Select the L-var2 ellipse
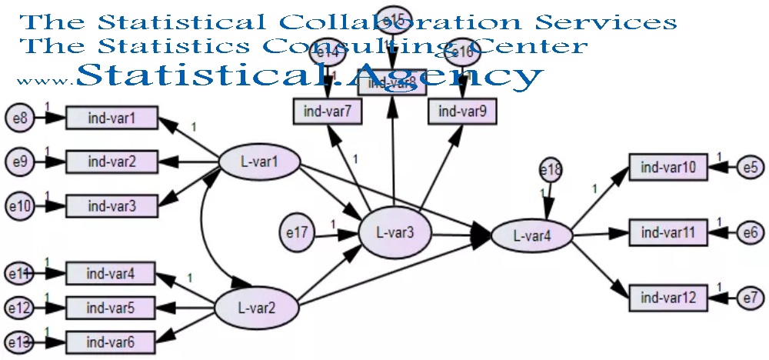pyautogui.click(x=256, y=309)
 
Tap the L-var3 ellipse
pyautogui.click(x=394, y=232)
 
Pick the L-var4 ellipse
pyautogui.click(x=531, y=235)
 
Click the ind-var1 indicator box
pyautogui.click(x=112, y=118)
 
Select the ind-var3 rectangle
pyautogui.click(x=112, y=206)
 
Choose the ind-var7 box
pyautogui.click(x=328, y=112)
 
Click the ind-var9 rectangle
pyautogui.click(x=462, y=112)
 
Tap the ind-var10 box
pyautogui.click(x=667, y=168)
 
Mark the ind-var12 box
pyautogui.click(x=667, y=297)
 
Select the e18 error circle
pyautogui.click(x=551, y=169)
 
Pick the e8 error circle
pyautogui.click(x=21, y=118)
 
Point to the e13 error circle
pyautogui.click(x=21, y=339)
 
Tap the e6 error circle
pyautogui.click(x=751, y=232)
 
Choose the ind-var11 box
pyautogui.click(x=667, y=232)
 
